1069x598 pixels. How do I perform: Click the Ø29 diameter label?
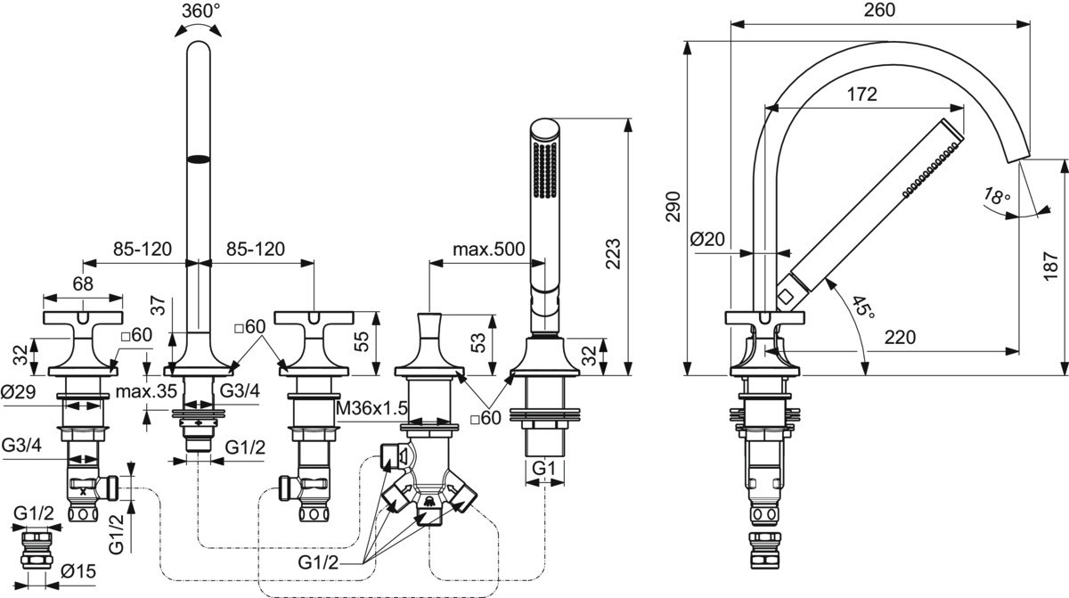[x=19, y=390]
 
